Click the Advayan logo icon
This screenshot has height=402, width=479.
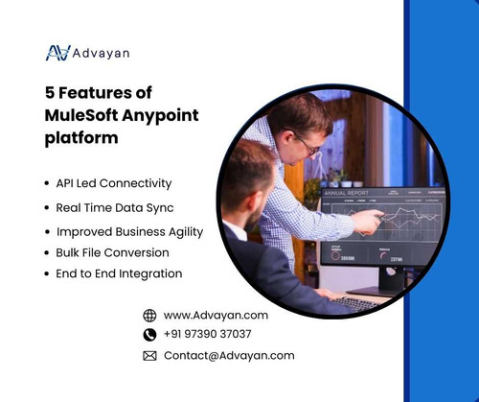pyautogui.click(x=57, y=53)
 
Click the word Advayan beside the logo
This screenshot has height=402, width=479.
pyautogui.click(x=103, y=53)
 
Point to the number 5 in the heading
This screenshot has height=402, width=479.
pyautogui.click(x=51, y=95)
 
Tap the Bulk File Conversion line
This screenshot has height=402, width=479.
pyautogui.click(x=112, y=252)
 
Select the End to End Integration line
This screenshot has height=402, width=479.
pyautogui.click(x=119, y=274)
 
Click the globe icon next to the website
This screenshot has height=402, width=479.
pyautogui.click(x=149, y=315)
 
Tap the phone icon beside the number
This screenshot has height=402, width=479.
pyautogui.click(x=149, y=335)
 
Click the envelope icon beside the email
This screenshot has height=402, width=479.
pyautogui.click(x=149, y=355)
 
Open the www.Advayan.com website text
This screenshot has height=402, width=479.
pyautogui.click(x=216, y=315)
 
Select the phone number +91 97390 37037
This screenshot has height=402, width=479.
pyautogui.click(x=208, y=335)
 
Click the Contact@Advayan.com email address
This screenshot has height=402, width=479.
pyautogui.click(x=229, y=355)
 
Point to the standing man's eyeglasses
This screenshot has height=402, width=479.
pyautogui.click(x=305, y=141)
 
